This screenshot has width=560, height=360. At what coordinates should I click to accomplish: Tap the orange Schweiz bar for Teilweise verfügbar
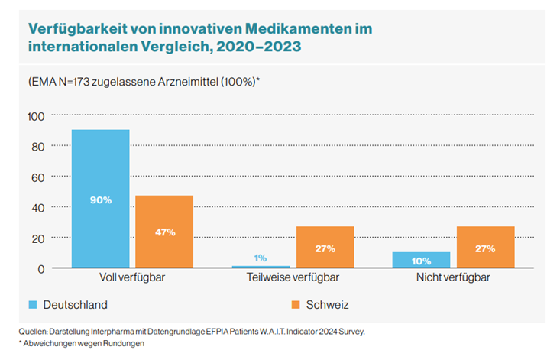pyautogui.click(x=325, y=237)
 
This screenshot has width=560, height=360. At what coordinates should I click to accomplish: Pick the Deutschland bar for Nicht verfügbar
pyautogui.click(x=421, y=260)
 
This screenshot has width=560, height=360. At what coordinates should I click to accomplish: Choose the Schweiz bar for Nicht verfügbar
pyautogui.click(x=485, y=237)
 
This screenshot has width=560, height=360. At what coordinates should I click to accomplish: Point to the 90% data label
pyautogui.click(x=100, y=200)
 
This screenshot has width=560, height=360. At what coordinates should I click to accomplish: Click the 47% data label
pyautogui.click(x=164, y=232)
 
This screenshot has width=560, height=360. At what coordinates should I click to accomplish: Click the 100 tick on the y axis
pyautogui.click(x=37, y=116)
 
